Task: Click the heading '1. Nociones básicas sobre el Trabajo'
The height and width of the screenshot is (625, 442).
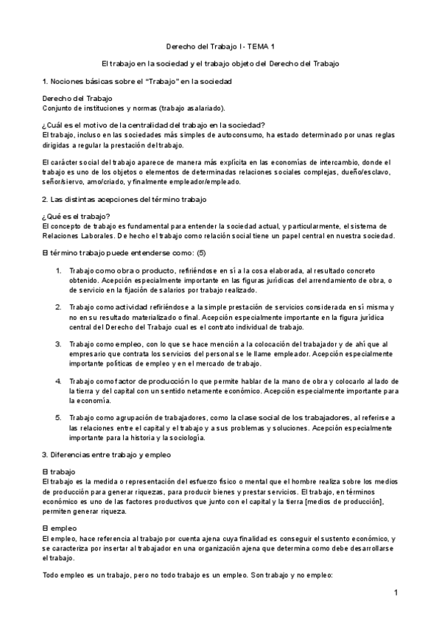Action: (x=138, y=80)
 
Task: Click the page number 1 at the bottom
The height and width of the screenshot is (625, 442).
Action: (x=396, y=593)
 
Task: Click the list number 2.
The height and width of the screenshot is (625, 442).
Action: (x=59, y=307)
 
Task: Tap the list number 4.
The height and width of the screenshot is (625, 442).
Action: (x=59, y=381)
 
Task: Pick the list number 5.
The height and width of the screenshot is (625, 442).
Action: (x=59, y=418)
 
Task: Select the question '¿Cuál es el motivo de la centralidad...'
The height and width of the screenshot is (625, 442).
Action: (x=154, y=125)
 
